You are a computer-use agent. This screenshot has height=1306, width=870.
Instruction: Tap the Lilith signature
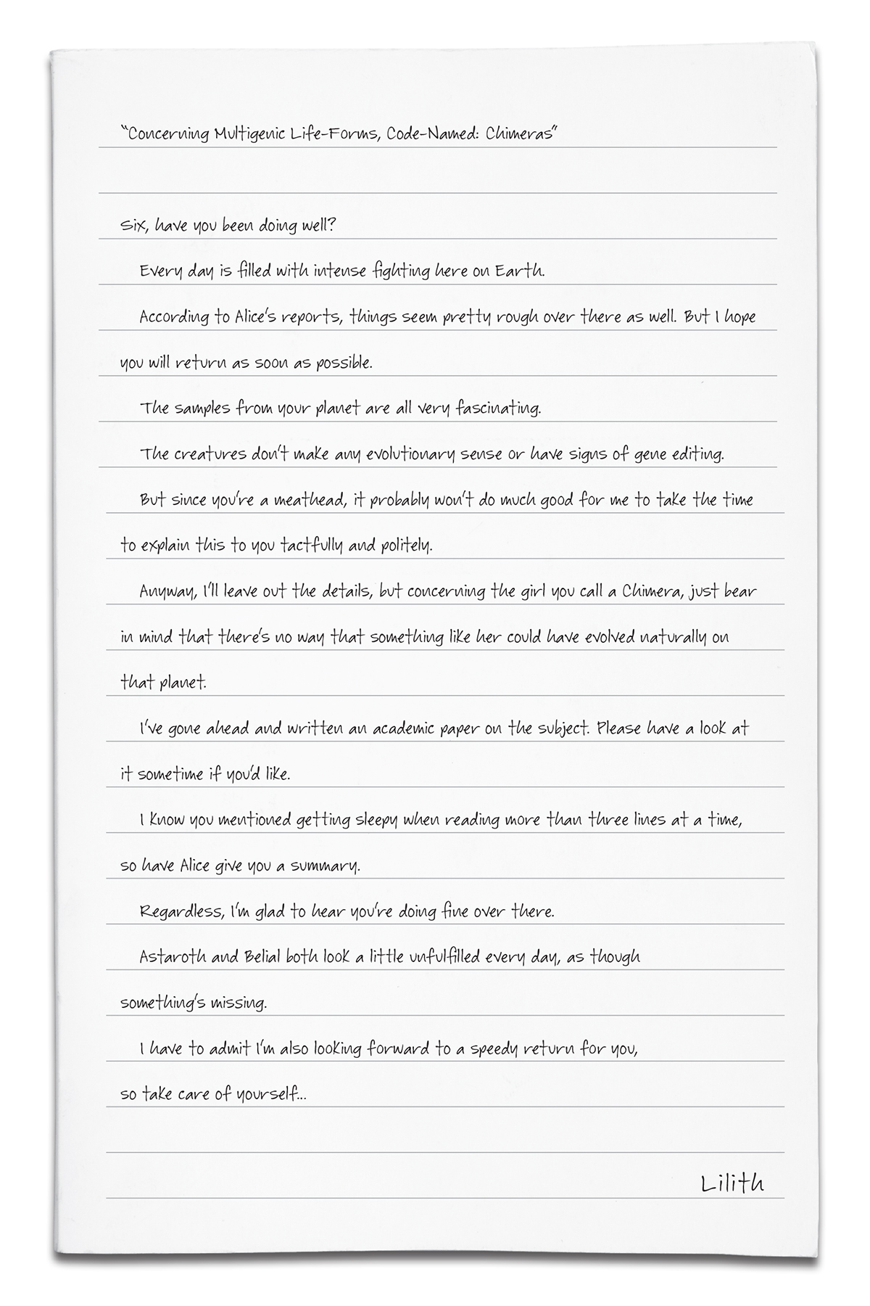coord(732,1183)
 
